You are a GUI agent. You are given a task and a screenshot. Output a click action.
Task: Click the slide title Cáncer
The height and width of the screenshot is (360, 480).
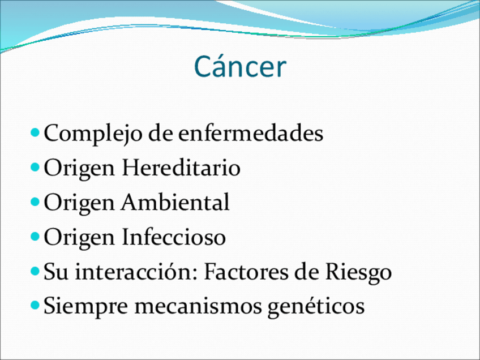[241, 66]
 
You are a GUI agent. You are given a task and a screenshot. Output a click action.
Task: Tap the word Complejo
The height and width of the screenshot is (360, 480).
[93, 134]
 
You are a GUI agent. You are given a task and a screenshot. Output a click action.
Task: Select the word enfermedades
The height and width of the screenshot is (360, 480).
[251, 133]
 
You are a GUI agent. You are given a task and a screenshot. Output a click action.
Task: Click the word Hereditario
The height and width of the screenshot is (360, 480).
[181, 168]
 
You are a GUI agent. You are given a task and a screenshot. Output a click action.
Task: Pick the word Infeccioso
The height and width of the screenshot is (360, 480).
[174, 237]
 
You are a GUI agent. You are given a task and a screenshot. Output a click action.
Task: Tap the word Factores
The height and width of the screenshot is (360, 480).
[246, 271]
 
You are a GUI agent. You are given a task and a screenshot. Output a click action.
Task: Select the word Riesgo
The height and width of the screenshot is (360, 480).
[358, 272]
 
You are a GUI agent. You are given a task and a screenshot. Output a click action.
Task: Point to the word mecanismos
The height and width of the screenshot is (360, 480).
[198, 306]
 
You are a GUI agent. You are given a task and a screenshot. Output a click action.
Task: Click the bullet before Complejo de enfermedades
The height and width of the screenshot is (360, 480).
[35, 132]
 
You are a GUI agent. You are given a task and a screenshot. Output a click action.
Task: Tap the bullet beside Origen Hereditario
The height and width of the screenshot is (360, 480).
[35, 167]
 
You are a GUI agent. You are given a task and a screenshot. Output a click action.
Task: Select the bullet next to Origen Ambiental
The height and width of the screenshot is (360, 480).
[35, 202]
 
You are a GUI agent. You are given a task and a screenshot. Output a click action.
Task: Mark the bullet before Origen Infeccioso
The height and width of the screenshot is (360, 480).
[35, 237]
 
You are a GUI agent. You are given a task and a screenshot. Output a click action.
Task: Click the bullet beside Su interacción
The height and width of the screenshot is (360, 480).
[35, 271]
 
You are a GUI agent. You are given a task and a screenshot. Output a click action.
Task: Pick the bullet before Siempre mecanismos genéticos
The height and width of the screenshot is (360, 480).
[35, 305]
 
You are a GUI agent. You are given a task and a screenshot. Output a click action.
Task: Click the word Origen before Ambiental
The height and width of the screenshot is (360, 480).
[79, 203]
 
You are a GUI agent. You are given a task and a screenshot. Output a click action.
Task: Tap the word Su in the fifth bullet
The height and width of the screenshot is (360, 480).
[56, 271]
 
